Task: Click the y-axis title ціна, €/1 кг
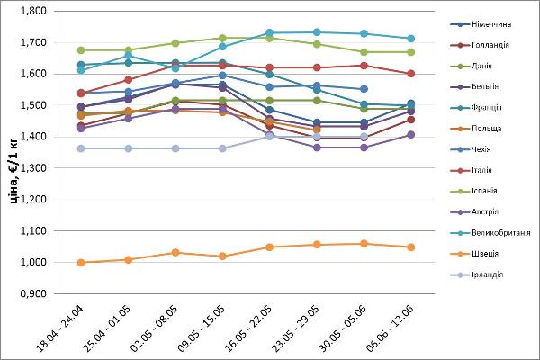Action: point(13,153)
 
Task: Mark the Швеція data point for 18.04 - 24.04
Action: point(81,263)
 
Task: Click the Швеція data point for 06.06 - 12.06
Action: point(410,247)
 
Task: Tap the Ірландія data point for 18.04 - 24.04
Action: point(81,148)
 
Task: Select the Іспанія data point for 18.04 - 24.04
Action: point(81,50)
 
